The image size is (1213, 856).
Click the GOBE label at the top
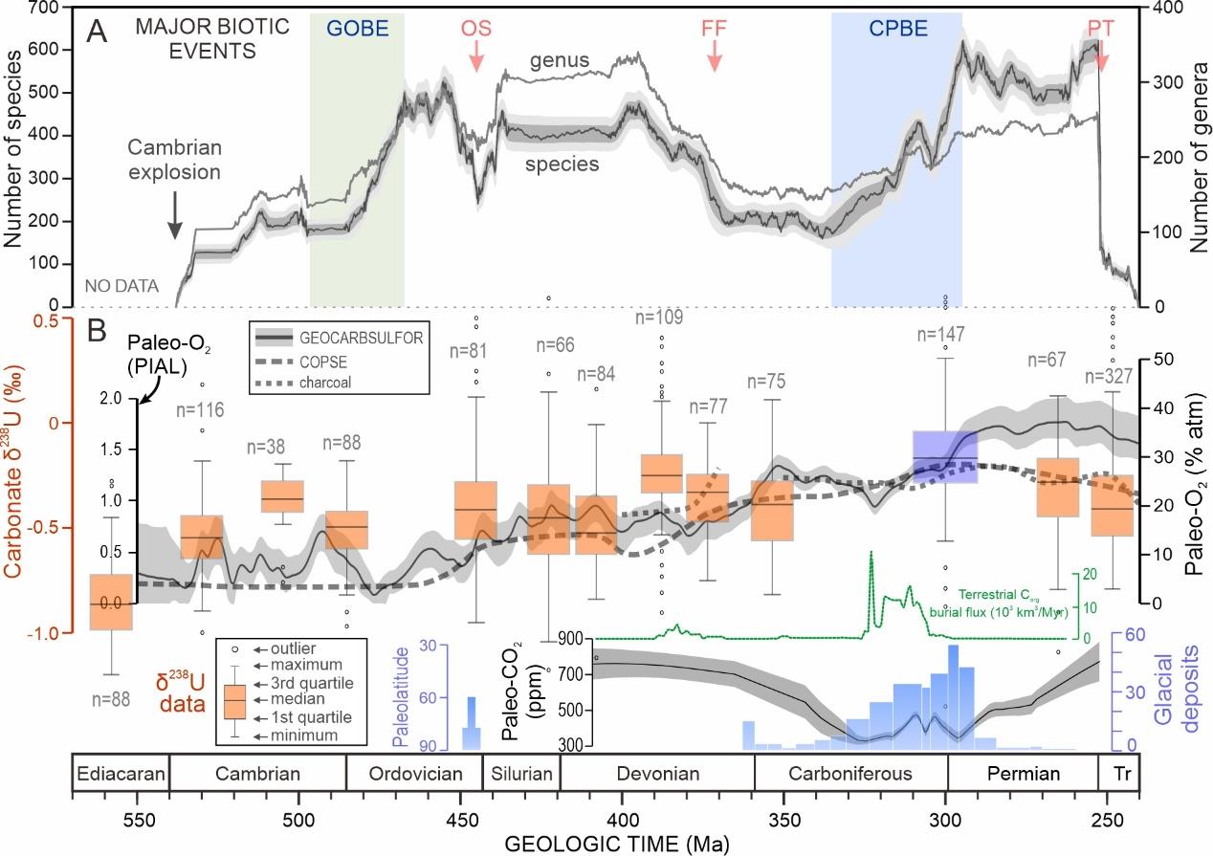(357, 28)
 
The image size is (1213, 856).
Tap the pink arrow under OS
(476, 56)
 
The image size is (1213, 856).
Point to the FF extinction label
(713, 28)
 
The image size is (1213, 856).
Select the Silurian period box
(518, 773)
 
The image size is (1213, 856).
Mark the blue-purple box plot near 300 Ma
(945, 457)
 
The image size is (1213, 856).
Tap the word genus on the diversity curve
(560, 62)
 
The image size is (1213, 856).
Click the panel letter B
(97, 332)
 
